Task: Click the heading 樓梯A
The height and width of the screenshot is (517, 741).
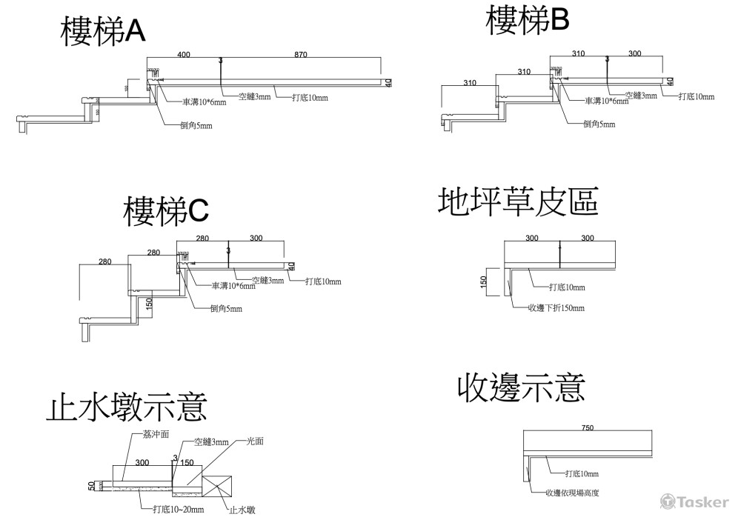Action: (x=103, y=32)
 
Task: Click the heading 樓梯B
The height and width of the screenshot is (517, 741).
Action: (x=527, y=20)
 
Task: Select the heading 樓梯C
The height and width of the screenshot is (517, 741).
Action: (x=165, y=211)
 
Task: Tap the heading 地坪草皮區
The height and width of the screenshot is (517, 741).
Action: (x=518, y=201)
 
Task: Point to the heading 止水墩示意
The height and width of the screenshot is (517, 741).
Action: (x=126, y=407)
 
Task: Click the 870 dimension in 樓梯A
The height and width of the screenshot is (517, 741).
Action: (x=300, y=55)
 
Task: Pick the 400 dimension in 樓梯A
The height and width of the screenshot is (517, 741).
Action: (x=184, y=55)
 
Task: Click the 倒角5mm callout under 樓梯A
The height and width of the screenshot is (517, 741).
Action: (x=196, y=126)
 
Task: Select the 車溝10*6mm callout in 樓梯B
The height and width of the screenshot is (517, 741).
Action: (x=607, y=101)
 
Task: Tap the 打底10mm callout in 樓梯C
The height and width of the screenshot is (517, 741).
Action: (x=323, y=281)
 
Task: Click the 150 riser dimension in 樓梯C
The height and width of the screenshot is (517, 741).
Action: (x=149, y=304)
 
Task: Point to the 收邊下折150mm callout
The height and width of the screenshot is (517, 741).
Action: (x=555, y=307)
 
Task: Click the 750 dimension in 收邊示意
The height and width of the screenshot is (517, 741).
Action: (x=588, y=427)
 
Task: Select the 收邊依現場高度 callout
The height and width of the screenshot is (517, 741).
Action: (x=571, y=493)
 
